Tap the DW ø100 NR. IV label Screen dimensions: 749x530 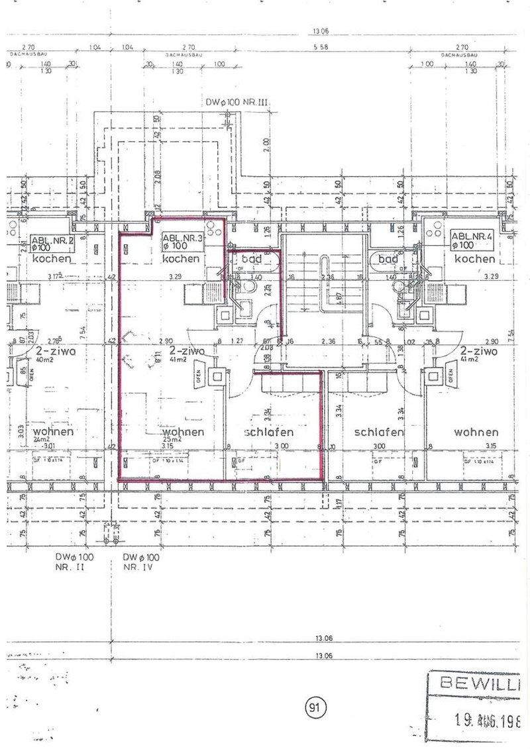click(141, 562)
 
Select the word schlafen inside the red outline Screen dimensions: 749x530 click(269, 432)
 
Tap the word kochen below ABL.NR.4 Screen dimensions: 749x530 click(474, 259)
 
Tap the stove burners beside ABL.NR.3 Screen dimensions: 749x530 click(213, 232)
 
